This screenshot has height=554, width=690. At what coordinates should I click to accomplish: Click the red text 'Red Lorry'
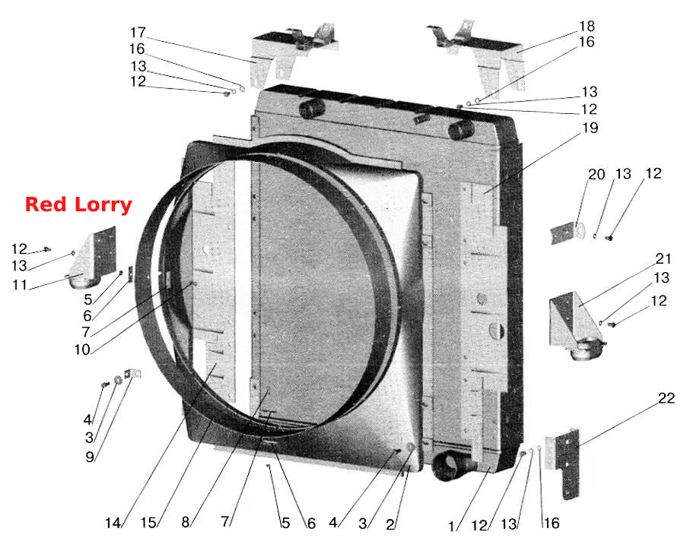click(78, 205)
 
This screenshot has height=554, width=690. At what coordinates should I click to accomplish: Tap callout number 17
click(138, 33)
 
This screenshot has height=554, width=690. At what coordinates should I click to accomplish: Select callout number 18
click(587, 27)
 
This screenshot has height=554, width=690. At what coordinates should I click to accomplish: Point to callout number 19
click(590, 128)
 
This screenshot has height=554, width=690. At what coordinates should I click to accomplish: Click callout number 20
click(596, 175)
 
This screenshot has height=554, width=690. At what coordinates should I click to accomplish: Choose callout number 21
click(663, 259)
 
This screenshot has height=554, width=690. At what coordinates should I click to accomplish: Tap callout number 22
click(666, 398)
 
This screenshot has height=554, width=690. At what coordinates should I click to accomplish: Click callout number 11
click(20, 285)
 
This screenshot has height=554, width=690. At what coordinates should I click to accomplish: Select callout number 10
click(82, 350)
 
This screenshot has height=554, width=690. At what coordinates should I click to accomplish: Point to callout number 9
click(90, 457)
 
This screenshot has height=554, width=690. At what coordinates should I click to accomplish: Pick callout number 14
click(113, 523)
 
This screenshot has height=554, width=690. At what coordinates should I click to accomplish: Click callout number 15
click(148, 522)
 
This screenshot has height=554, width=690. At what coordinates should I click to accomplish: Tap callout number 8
click(186, 522)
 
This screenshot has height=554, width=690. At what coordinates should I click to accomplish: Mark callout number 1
click(450, 527)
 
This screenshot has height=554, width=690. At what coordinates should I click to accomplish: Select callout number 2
click(390, 524)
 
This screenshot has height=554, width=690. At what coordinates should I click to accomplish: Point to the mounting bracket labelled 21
click(574, 325)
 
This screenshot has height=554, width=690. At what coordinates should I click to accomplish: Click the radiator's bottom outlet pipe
click(451, 465)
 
